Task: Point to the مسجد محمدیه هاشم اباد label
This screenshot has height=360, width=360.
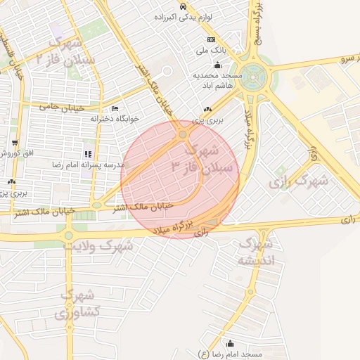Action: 218,78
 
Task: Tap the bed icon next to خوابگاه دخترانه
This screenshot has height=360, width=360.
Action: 115,109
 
